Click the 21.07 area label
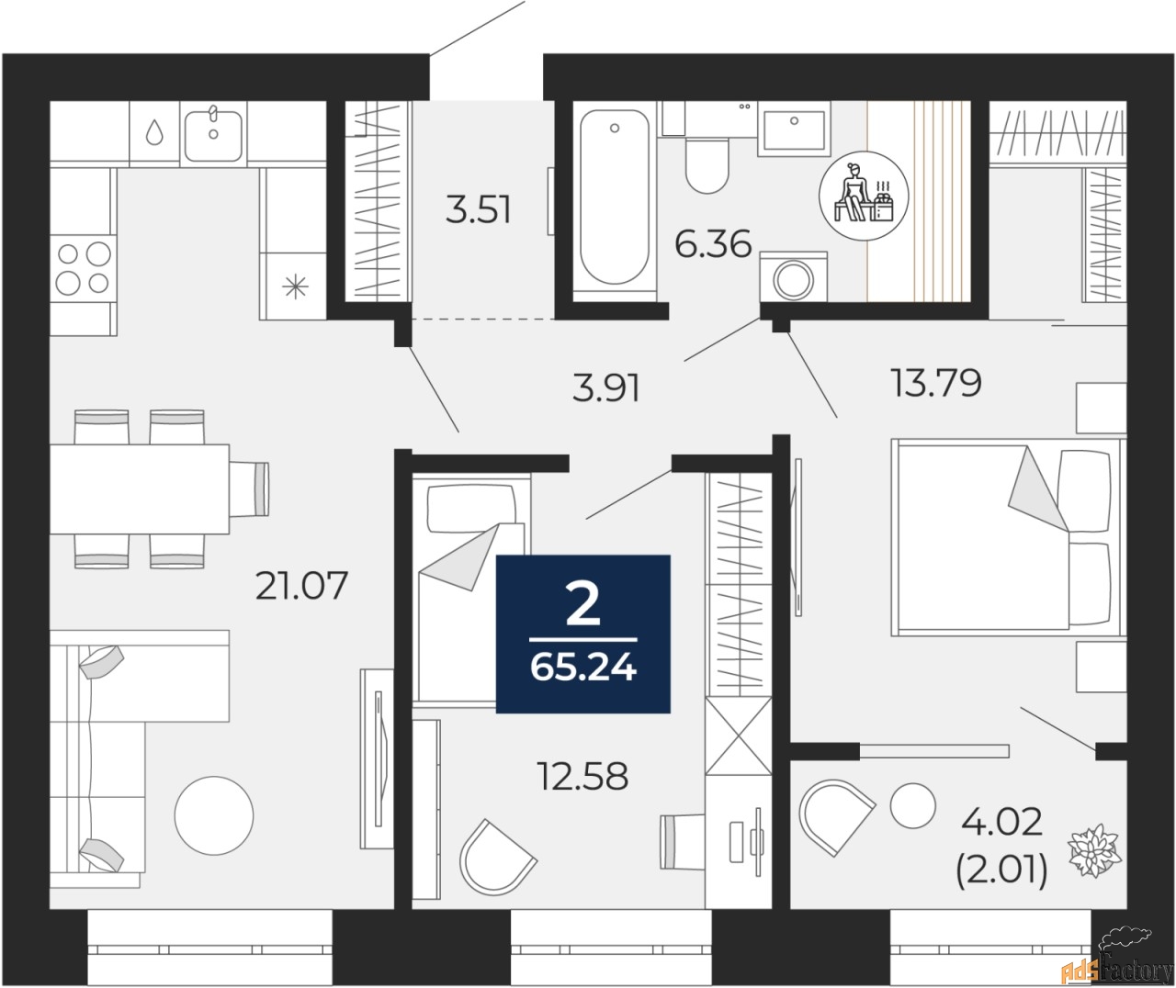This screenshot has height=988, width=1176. [301, 585]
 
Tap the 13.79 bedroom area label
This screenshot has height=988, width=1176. [935, 382]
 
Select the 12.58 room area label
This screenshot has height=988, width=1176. [582, 777]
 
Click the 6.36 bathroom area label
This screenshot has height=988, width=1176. [713, 245]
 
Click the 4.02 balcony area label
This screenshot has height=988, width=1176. [1001, 822]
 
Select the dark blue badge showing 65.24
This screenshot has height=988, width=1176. [582, 634]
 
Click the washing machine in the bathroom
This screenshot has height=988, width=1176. [793, 276]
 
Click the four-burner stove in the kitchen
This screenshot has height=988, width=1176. [84, 266]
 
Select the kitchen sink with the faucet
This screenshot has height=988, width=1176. [213, 134]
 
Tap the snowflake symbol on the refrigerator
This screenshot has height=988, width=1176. [295, 287]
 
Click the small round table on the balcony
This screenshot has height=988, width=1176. [911, 804]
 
